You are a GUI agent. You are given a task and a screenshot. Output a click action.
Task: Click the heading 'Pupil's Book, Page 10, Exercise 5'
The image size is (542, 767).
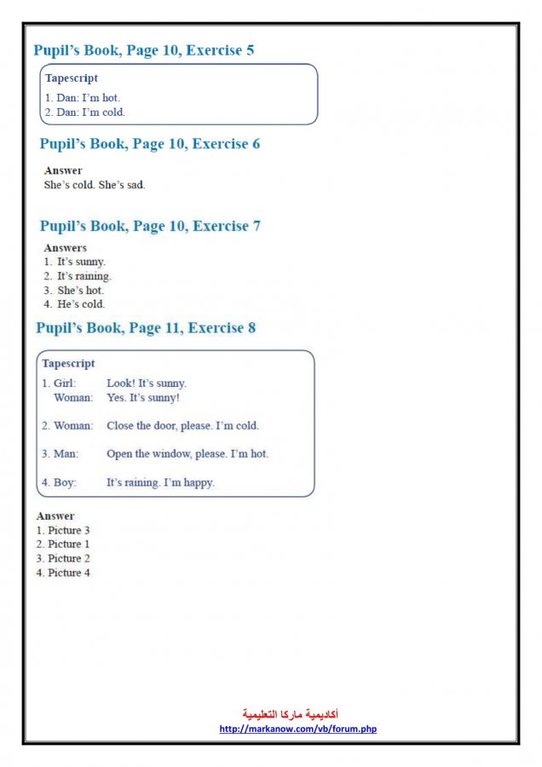click(x=143, y=50)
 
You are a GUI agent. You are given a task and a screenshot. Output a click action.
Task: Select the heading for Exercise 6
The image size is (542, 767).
click(x=149, y=144)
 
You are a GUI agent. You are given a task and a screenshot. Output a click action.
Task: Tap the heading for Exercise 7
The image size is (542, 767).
click(x=149, y=226)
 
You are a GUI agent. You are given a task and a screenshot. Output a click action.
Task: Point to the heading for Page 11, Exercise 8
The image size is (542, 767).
click(x=145, y=328)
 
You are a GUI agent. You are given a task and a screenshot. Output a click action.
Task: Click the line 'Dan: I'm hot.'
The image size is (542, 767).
click(x=83, y=98)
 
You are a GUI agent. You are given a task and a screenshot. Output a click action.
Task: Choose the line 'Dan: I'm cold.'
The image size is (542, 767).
click(x=84, y=112)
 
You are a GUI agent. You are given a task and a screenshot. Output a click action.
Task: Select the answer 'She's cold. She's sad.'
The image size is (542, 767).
click(x=95, y=184)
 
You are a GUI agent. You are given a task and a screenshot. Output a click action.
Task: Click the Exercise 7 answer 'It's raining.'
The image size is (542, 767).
click(x=84, y=276)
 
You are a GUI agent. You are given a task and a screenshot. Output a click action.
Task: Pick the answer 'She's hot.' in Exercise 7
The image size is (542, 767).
click(x=80, y=291)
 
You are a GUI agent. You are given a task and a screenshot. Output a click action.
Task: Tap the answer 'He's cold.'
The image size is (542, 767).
click(x=81, y=304)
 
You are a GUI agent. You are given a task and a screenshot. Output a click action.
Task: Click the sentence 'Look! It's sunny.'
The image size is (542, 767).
click(x=147, y=383)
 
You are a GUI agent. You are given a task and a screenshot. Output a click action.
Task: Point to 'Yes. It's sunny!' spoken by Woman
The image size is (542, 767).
click(x=143, y=397)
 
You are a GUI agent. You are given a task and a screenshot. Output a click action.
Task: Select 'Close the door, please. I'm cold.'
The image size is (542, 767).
click(x=182, y=425)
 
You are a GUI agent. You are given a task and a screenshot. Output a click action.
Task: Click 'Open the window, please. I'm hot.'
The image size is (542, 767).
click(x=187, y=454)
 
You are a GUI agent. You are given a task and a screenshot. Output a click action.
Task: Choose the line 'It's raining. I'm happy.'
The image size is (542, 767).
click(x=160, y=482)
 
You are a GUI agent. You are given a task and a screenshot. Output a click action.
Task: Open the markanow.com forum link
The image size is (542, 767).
click(x=297, y=729)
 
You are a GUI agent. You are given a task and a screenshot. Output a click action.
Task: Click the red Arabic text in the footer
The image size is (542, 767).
click(x=291, y=714)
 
